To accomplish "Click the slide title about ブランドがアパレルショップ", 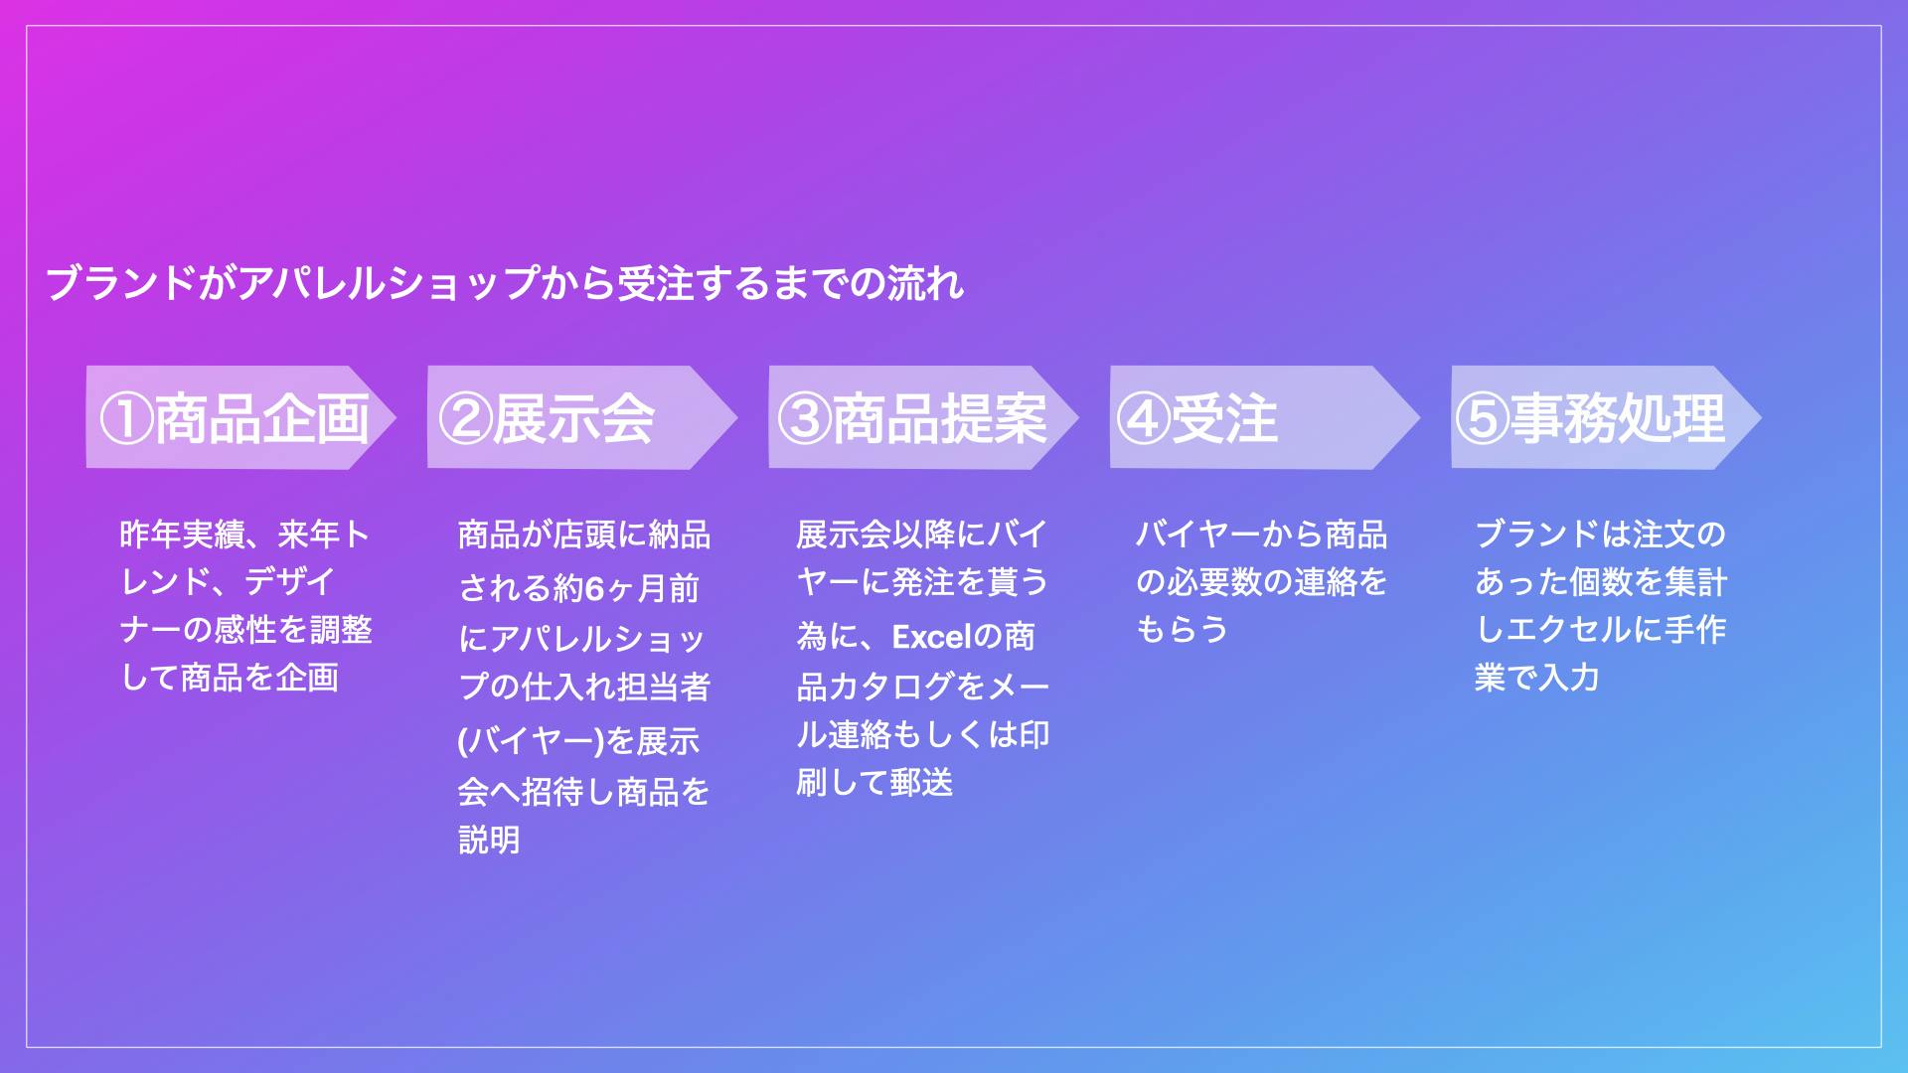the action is coord(505,283).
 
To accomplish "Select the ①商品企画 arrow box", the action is coord(241,417).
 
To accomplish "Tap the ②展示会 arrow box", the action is coord(582,417).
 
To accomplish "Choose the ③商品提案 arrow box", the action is coord(924,417).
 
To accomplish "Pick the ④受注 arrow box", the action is coord(1265,417).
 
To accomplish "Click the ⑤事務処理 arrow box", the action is coord(1606,417).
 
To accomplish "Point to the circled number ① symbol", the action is coord(126,418).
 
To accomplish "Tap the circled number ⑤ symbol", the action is coord(1482,418).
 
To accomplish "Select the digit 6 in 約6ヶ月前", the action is coord(594,589).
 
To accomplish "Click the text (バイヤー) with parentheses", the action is coord(531,741).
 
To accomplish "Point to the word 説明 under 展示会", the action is coord(490,841).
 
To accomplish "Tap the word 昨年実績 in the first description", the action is coord(182,535).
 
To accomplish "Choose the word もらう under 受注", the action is coord(1183,630).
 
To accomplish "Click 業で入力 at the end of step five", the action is coord(1537,678).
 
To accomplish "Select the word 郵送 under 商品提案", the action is coord(922,783).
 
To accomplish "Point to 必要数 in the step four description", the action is coord(1214,582).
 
